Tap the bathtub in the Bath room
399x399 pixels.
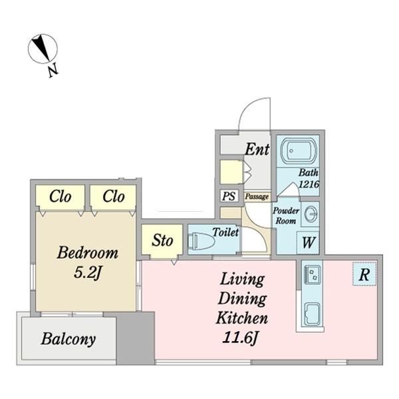click(x=298, y=151)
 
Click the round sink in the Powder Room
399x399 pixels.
click(x=311, y=214)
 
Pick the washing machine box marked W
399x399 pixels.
click(x=308, y=242)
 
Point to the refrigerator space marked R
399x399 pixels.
click(x=364, y=274)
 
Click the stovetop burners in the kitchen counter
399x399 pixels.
click(x=313, y=274)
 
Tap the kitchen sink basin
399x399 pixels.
click(x=312, y=314)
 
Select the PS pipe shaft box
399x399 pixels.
click(x=229, y=196)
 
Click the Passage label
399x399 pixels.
click(x=257, y=197)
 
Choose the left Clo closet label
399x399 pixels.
click(x=60, y=197)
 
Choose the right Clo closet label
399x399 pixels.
click(x=114, y=197)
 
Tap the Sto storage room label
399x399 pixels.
click(x=162, y=240)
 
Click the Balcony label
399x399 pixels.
click(x=68, y=339)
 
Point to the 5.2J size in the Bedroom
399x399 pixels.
click(x=88, y=272)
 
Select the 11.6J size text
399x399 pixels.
click(x=241, y=338)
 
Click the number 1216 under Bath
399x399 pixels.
click(x=309, y=184)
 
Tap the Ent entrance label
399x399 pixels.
click(x=257, y=149)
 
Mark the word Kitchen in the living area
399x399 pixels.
click(x=242, y=318)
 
